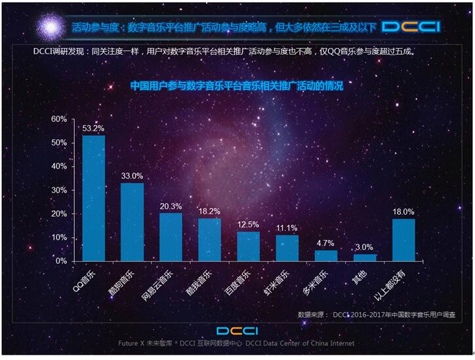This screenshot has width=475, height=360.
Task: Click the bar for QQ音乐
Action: pos(93,198)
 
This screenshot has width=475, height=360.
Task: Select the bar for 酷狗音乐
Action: pos(132,222)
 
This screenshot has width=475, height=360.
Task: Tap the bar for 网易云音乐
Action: pos(171,237)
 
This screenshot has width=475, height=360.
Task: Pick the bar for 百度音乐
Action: pos(248,246)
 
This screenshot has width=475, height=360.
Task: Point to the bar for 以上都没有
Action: pos(403,239)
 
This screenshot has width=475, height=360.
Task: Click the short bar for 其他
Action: pos(365,257)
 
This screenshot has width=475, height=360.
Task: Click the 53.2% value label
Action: pos(93,129)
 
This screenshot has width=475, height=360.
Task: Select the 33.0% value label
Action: pos(132,176)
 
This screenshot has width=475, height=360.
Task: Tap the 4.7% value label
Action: pos(326,243)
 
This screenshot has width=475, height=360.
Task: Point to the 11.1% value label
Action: pos(287,228)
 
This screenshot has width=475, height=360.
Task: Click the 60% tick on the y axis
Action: pos(59,119)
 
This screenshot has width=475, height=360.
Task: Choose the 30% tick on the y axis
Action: pos(59,190)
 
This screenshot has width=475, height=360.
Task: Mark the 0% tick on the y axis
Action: pos(62,261)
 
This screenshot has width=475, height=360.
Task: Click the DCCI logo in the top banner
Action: pos(411,27)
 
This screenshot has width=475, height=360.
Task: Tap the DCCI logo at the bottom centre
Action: pos(237,330)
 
